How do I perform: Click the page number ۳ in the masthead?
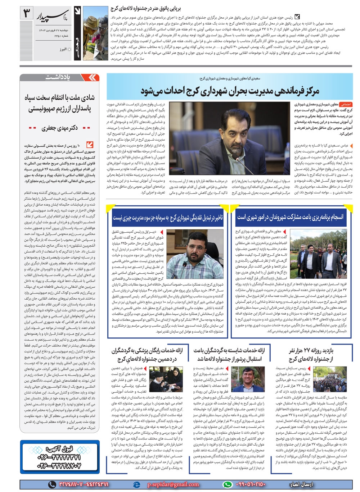(27, 15)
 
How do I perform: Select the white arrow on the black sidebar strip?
(77, 11)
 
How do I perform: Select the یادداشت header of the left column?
(58, 77)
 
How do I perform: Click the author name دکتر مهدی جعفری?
(59, 128)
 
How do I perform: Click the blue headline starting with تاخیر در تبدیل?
(168, 218)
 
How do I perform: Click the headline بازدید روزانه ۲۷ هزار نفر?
(311, 355)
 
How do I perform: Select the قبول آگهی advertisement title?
(59, 448)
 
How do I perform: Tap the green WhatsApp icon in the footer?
(227, 484)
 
